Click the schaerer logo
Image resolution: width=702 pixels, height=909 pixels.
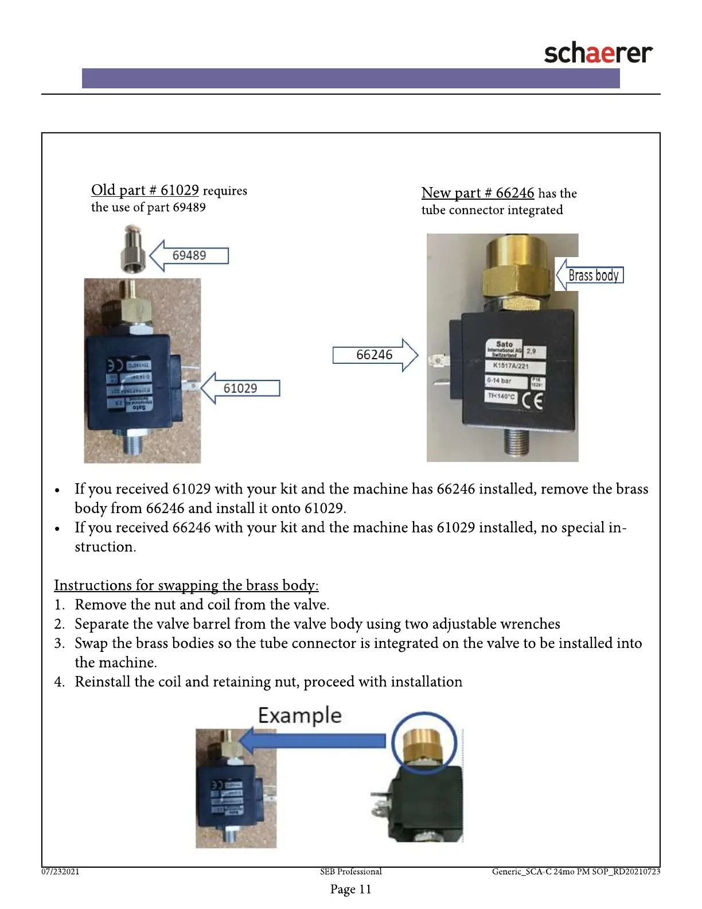598,53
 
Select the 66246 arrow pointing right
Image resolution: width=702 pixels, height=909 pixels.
374,355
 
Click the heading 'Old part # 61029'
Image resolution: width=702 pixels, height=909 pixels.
145,190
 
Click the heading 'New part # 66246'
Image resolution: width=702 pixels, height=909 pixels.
478,193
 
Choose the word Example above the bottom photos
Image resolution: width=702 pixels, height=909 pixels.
299,716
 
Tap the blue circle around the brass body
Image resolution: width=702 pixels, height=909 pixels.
424,743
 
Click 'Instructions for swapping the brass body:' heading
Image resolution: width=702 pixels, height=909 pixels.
186,585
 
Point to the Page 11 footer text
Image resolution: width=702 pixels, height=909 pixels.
351,889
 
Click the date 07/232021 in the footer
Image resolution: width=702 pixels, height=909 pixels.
60,872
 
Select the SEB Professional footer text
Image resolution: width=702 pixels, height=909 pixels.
351,872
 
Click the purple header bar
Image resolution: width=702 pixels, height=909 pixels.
351,78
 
